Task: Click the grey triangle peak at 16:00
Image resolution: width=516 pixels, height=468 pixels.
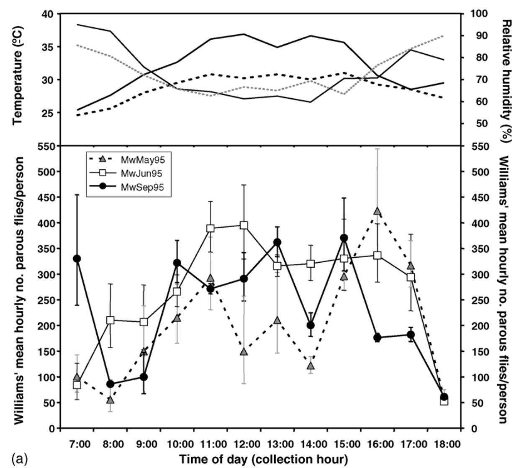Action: click(x=377, y=211)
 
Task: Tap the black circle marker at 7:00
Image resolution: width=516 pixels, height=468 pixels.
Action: click(x=77, y=258)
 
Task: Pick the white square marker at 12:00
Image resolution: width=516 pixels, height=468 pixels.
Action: click(x=244, y=225)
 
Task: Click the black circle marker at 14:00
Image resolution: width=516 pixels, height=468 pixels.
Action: click(x=311, y=325)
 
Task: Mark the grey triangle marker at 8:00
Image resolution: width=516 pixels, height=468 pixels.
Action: click(x=110, y=400)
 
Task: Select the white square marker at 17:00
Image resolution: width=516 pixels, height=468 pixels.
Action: click(x=411, y=277)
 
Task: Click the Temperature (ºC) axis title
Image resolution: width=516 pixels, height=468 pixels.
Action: click(x=18, y=75)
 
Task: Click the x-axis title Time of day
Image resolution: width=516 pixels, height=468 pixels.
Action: click(x=264, y=459)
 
